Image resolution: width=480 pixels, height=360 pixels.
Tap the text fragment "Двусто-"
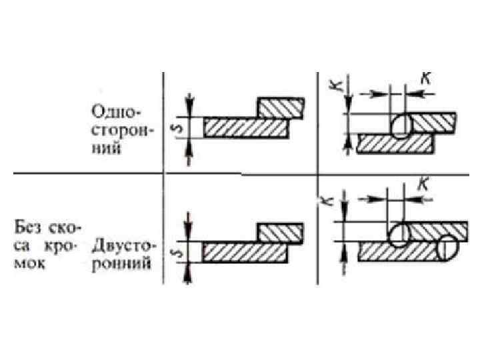[125, 246]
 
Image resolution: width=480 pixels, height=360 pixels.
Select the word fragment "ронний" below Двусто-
[125, 263]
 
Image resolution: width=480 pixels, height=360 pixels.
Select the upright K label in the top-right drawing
[424, 78]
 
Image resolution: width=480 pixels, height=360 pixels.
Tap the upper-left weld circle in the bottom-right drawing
[399, 235]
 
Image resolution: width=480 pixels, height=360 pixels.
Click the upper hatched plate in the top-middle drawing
[282, 107]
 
